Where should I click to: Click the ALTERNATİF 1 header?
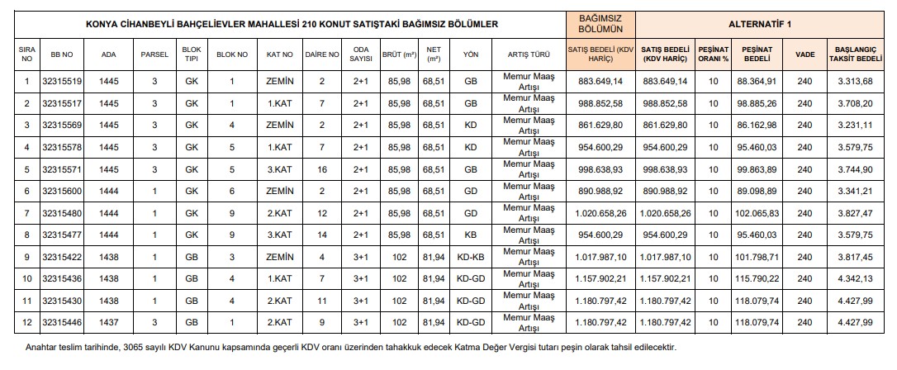pos(766,25)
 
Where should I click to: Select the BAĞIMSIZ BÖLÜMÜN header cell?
pos(600,25)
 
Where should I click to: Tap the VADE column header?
pos(804,55)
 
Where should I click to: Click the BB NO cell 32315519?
pos(62,82)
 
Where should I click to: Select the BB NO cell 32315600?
pos(62,191)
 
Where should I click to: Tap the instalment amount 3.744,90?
pos(854,169)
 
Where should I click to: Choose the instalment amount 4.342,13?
pos(854,278)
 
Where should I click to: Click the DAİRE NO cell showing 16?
pos(322,169)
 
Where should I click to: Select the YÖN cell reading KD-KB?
pos(470,257)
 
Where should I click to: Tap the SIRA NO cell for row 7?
pos(27,213)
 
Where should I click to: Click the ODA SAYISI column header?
pos(361,55)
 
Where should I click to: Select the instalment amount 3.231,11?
pos(854,126)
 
